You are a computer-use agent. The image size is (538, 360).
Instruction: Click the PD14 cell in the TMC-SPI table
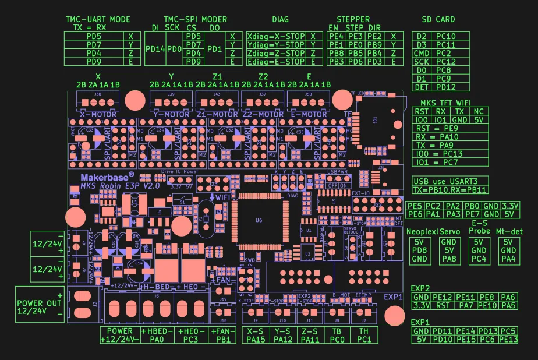coord(155,48)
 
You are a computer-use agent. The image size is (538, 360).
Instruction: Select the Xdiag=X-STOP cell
coord(276,36)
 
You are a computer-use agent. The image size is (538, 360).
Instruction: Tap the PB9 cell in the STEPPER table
coord(374,44)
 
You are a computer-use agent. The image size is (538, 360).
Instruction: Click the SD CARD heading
coord(438,19)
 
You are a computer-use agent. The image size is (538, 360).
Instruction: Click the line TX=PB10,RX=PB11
coord(449,190)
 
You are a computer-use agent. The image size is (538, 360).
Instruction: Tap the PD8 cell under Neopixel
coord(419,250)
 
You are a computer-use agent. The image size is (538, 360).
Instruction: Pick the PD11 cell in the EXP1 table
coord(443,331)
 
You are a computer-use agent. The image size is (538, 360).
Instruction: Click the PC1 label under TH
coord(364,339)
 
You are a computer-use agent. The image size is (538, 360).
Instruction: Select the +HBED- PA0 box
coord(157,334)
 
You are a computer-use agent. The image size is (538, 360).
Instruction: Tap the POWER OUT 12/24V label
coord(38,307)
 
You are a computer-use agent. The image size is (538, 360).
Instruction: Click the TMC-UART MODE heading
coord(97,19)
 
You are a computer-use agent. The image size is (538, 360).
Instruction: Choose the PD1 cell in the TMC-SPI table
coord(214,48)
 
